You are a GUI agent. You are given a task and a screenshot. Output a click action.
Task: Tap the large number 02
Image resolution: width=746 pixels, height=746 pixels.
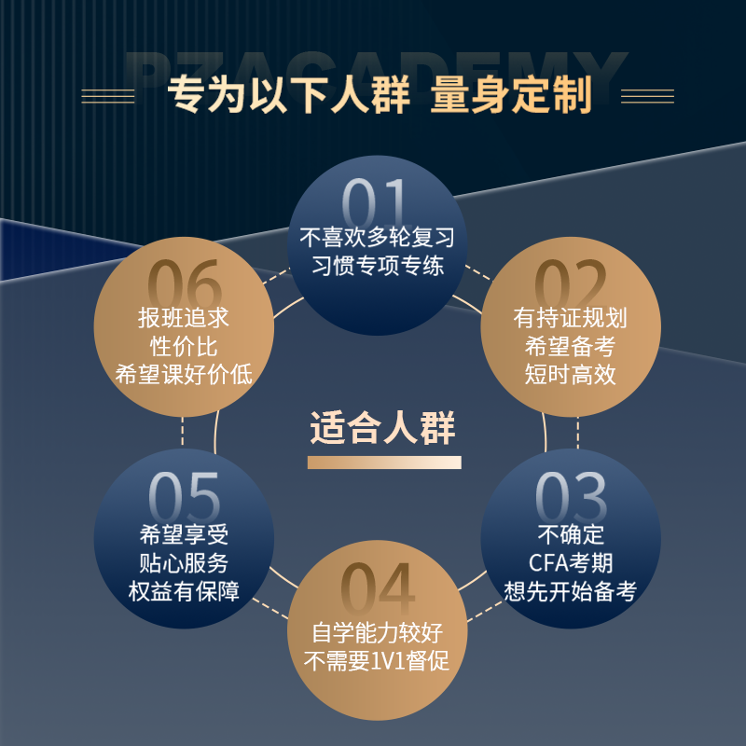(x=570, y=283)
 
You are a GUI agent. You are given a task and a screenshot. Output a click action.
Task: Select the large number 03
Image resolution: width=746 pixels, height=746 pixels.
(x=570, y=497)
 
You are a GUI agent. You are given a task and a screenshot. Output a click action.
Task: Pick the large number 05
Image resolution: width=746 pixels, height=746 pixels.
(x=184, y=497)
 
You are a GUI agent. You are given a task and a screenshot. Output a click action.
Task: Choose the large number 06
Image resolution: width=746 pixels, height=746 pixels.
(x=185, y=283)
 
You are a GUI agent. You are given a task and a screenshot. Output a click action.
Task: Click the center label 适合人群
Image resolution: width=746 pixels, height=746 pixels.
(x=383, y=428)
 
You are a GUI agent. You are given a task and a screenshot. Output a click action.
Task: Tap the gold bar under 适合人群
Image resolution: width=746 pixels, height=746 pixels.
(x=384, y=463)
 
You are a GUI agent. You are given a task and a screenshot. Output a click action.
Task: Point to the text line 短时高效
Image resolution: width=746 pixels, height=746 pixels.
(x=570, y=375)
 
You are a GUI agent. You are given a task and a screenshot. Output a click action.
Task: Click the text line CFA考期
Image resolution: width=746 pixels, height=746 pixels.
(x=570, y=562)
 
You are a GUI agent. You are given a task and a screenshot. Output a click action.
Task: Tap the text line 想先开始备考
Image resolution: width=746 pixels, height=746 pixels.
(x=570, y=590)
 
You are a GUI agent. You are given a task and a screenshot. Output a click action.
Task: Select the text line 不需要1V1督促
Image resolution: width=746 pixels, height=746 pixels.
(x=377, y=664)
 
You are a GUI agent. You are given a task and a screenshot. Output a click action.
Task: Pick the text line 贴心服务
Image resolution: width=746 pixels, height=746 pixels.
(x=184, y=562)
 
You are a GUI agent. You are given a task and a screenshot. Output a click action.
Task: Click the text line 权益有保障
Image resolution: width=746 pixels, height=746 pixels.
(x=184, y=590)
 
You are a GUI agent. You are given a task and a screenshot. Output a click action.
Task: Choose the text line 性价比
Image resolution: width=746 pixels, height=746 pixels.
(x=184, y=346)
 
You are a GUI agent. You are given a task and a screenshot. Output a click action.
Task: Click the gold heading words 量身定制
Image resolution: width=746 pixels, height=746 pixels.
(x=511, y=96)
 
